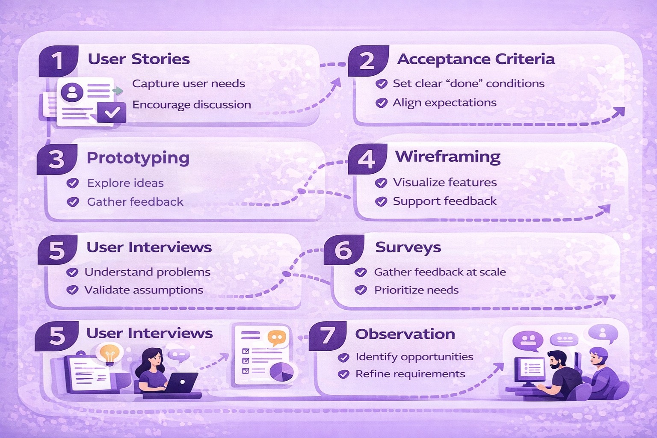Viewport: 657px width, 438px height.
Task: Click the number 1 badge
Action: click(58, 61)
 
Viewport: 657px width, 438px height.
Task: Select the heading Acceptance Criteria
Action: click(476, 59)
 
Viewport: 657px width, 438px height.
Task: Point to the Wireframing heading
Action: click(447, 157)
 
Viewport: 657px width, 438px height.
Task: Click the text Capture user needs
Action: click(189, 83)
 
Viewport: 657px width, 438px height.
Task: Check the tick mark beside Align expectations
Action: click(381, 103)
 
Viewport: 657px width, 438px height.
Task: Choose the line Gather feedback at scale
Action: click(440, 272)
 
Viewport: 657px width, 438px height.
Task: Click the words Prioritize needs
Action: click(416, 290)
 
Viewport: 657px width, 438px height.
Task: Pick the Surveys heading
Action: click(408, 247)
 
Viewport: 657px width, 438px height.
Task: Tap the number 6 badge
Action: click(343, 249)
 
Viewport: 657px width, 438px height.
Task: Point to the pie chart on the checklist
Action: click(281, 371)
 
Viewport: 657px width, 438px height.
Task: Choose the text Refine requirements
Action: click(410, 374)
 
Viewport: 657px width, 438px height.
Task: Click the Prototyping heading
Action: click(138, 158)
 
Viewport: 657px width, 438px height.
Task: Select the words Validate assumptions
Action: click(144, 290)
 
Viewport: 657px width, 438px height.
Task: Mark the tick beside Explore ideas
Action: click(73, 183)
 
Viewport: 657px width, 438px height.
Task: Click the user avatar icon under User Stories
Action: click(72, 92)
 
